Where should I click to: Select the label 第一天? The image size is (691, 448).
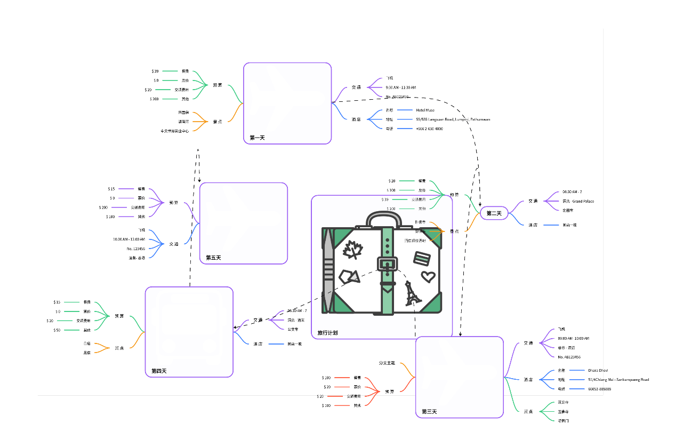click(257, 138)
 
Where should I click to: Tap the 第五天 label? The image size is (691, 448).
click(213, 258)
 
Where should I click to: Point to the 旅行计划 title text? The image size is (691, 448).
click(327, 333)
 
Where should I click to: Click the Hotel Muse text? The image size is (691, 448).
click(425, 110)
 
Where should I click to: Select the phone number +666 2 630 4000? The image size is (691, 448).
click(429, 129)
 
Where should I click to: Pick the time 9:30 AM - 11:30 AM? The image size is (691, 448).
click(400, 87)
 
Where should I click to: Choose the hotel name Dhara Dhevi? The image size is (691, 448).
click(598, 370)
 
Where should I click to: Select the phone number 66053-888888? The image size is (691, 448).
click(599, 389)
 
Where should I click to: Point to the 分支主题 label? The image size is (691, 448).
click(387, 363)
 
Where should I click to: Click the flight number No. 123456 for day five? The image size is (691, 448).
click(136, 249)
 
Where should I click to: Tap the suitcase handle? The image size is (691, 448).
click(384, 218)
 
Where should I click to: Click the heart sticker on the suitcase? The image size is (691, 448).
click(428, 276)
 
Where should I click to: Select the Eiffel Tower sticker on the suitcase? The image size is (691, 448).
click(412, 294)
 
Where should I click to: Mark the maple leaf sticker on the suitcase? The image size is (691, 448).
click(352, 249)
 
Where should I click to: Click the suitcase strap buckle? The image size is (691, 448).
click(387, 263)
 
